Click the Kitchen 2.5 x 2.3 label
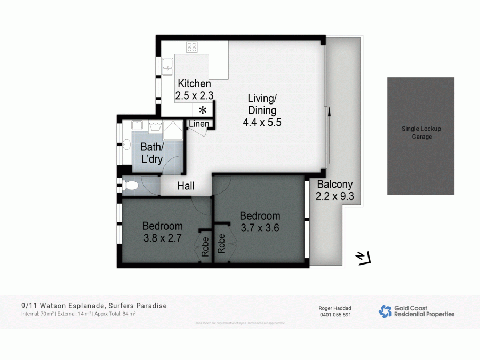click(194, 90)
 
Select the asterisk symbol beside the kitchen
click(203, 110)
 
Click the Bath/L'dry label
click(152, 153)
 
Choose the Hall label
click(186, 186)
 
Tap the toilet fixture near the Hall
click(130, 186)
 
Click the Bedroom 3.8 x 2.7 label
click(162, 232)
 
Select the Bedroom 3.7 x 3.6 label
click(260, 222)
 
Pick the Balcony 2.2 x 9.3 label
click(335, 190)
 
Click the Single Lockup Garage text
click(421, 132)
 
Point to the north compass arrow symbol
click(363, 258)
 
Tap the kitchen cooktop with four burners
click(192, 47)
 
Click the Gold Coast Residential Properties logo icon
click(385, 311)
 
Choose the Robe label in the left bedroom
click(205, 247)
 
